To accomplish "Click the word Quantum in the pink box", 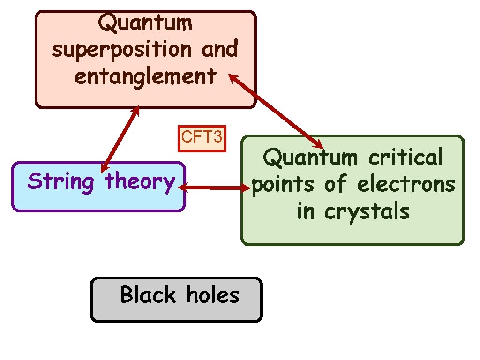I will pos(145,22).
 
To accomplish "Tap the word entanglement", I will pos(145,76).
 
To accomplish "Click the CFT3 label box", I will pos(202,138).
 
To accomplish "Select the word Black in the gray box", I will pos(148,295).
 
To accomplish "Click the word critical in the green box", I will pos(406,157).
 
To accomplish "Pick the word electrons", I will pos(406,184).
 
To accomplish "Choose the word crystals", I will pos(367,211).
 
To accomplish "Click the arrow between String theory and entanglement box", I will pos(120,139).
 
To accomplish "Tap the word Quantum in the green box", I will pos(311,157).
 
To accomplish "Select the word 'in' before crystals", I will pos(306,211).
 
